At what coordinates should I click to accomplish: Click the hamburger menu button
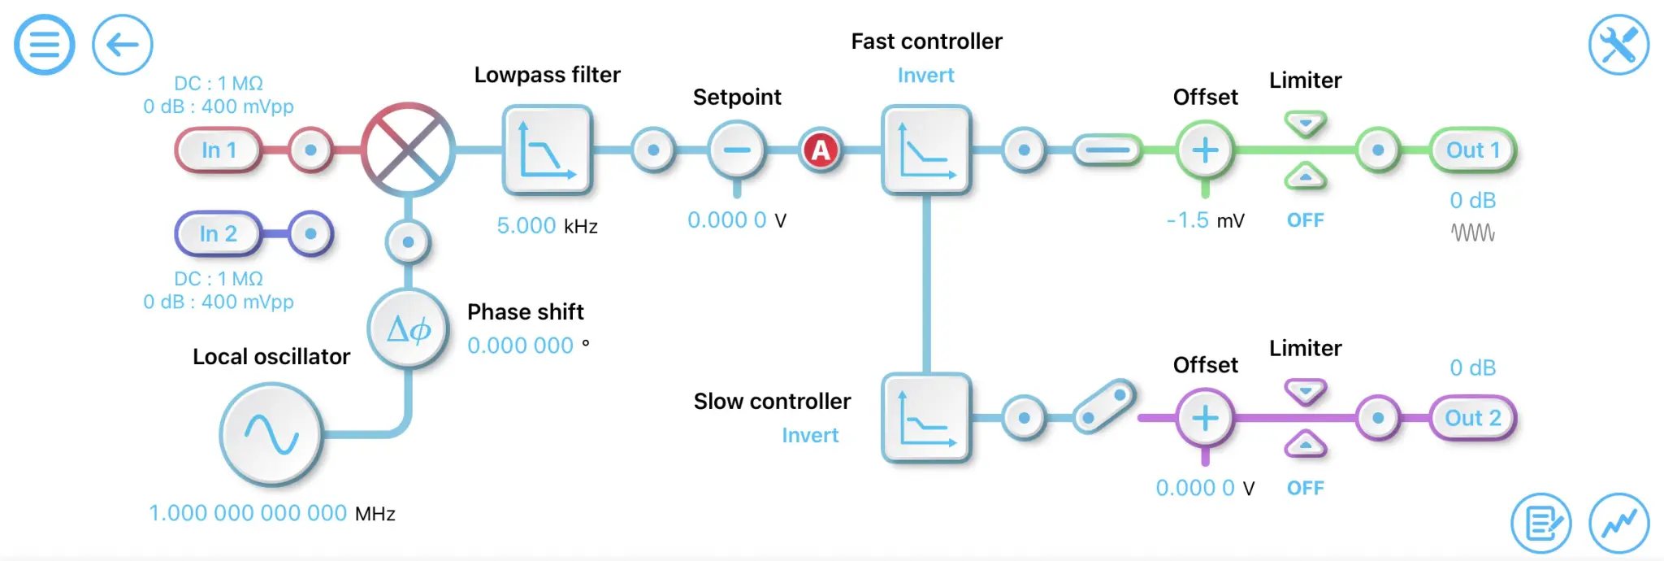coord(45,45)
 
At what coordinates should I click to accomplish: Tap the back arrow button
coord(123,45)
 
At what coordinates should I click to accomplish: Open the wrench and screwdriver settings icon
coord(1618,45)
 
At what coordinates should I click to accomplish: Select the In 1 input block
coord(219,150)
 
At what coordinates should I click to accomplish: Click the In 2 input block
coord(219,234)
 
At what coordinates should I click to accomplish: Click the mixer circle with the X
coord(408,150)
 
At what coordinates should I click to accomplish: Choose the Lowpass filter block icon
coord(547,150)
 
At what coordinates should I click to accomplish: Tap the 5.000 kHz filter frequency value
coord(526,226)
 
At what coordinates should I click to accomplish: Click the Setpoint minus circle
coord(737,150)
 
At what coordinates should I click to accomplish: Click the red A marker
coord(821,150)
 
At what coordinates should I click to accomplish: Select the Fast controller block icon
coord(926,150)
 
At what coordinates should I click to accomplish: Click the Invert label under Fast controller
coord(925,76)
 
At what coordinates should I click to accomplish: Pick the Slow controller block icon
coord(926,418)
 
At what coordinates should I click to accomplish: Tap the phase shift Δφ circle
coord(408,329)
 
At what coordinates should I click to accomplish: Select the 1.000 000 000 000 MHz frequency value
coord(248,513)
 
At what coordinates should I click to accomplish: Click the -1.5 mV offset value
coord(1188,220)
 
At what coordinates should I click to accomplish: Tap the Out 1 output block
coord(1472,150)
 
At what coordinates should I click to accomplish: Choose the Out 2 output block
coord(1472,418)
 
